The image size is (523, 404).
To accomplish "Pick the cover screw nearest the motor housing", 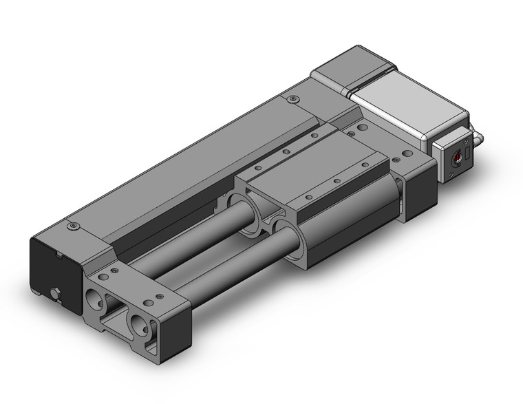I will pyautogui.click(x=295, y=99).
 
